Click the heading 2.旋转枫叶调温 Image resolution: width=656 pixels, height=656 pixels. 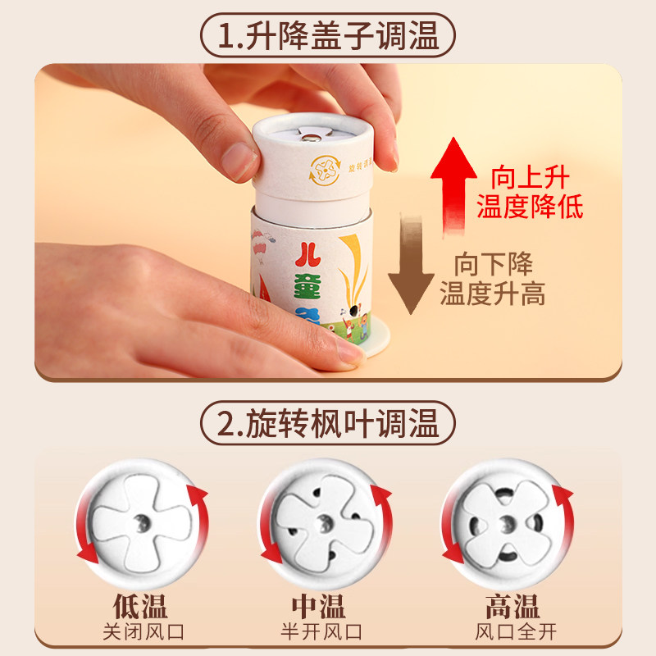(x=328, y=424)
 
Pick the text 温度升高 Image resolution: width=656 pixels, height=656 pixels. (x=493, y=293)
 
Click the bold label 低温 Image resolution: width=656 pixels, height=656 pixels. (x=140, y=607)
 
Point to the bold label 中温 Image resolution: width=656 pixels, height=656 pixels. (x=320, y=607)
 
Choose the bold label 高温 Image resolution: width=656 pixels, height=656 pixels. (x=512, y=607)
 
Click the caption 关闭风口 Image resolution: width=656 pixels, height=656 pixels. (x=140, y=634)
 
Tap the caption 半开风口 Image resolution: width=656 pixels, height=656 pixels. (x=320, y=634)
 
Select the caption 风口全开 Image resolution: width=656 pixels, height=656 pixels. (x=512, y=634)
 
